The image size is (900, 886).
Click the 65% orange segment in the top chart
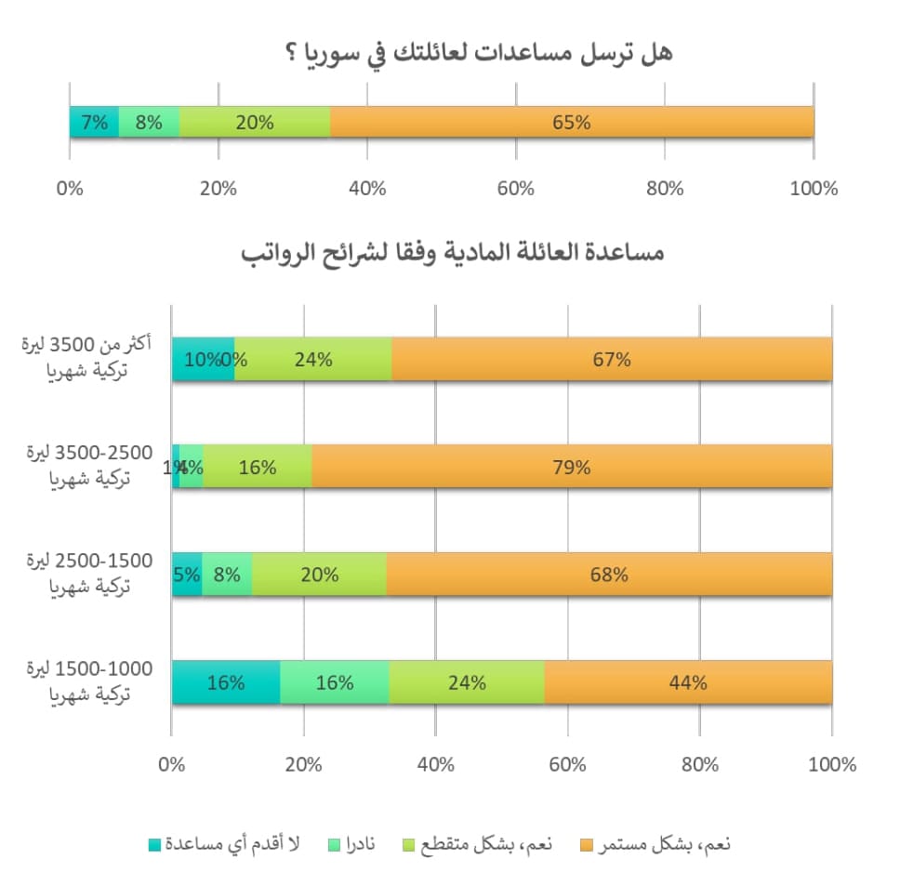click(x=572, y=122)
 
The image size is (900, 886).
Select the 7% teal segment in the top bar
click(x=94, y=122)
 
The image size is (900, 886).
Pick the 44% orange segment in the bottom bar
click(x=688, y=682)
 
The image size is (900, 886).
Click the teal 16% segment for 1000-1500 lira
click(x=226, y=682)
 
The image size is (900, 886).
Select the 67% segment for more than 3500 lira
click(x=612, y=359)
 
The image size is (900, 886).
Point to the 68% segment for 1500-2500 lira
click(x=609, y=575)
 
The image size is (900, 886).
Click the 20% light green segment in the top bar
click(x=254, y=122)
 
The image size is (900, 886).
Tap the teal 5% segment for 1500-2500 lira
click(x=187, y=575)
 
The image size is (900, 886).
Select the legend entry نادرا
click(x=358, y=845)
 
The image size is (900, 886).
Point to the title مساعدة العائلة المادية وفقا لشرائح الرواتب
click(x=454, y=254)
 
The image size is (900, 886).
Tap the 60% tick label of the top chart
click(x=516, y=188)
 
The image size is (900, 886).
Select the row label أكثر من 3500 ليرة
click(x=79, y=358)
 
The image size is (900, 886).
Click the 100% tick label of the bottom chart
click(x=832, y=765)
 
